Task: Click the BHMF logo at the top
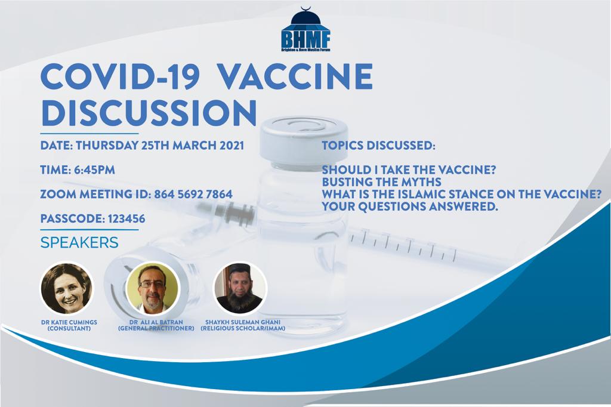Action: (x=305, y=29)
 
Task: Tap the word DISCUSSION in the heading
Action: (x=149, y=113)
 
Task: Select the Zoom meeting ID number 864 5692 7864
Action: (x=193, y=194)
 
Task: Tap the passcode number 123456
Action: (x=126, y=218)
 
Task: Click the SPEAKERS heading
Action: (x=79, y=242)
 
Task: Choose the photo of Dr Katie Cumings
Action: (x=67, y=289)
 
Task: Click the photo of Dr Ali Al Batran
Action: (x=153, y=289)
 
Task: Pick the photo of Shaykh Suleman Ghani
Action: (x=240, y=289)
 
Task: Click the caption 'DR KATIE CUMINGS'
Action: (x=69, y=322)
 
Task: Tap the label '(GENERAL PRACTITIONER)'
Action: (x=156, y=328)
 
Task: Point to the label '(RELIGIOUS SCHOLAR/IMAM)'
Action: (x=243, y=328)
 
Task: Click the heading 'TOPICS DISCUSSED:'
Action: (x=378, y=146)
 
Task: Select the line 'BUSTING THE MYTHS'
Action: (x=381, y=182)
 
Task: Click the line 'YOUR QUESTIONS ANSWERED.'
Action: (x=410, y=206)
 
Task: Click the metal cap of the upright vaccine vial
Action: (x=304, y=140)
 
